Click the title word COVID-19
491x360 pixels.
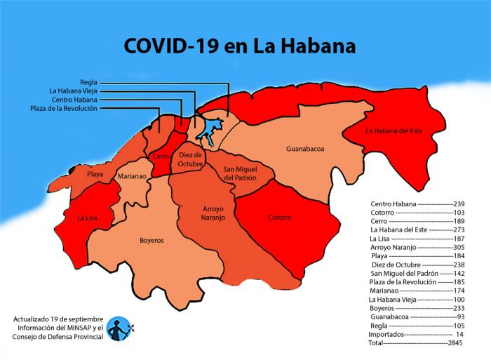171,46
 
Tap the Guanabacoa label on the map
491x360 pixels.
305,149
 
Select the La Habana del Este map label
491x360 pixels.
398,131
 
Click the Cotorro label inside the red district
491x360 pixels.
279,218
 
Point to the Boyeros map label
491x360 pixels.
152,240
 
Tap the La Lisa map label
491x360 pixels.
88,218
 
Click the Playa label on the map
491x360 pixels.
95,173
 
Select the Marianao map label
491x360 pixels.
132,177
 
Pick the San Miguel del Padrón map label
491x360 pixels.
240,173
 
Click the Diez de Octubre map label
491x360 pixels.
190,159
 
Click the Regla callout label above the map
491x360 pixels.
88,82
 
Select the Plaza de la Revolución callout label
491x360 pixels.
64,108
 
